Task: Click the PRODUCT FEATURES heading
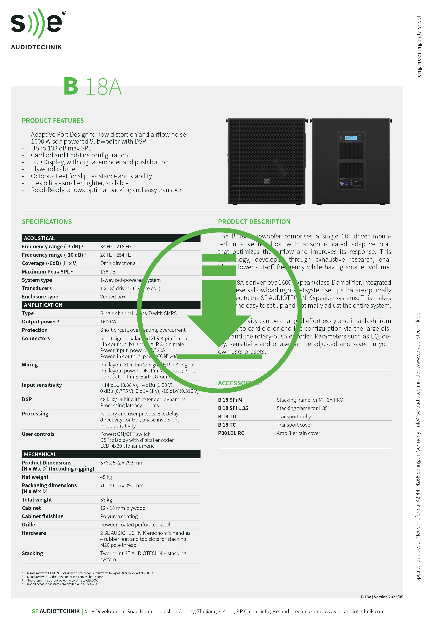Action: [x=53, y=121]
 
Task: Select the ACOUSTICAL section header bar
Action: [x=111, y=238]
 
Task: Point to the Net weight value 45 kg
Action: [x=106, y=477]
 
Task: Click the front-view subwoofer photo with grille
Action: [x=267, y=161]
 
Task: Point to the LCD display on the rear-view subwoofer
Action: [x=351, y=138]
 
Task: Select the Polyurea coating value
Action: [x=119, y=516]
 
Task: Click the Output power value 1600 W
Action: [x=108, y=322]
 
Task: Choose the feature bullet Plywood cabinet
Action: [x=54, y=169]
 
